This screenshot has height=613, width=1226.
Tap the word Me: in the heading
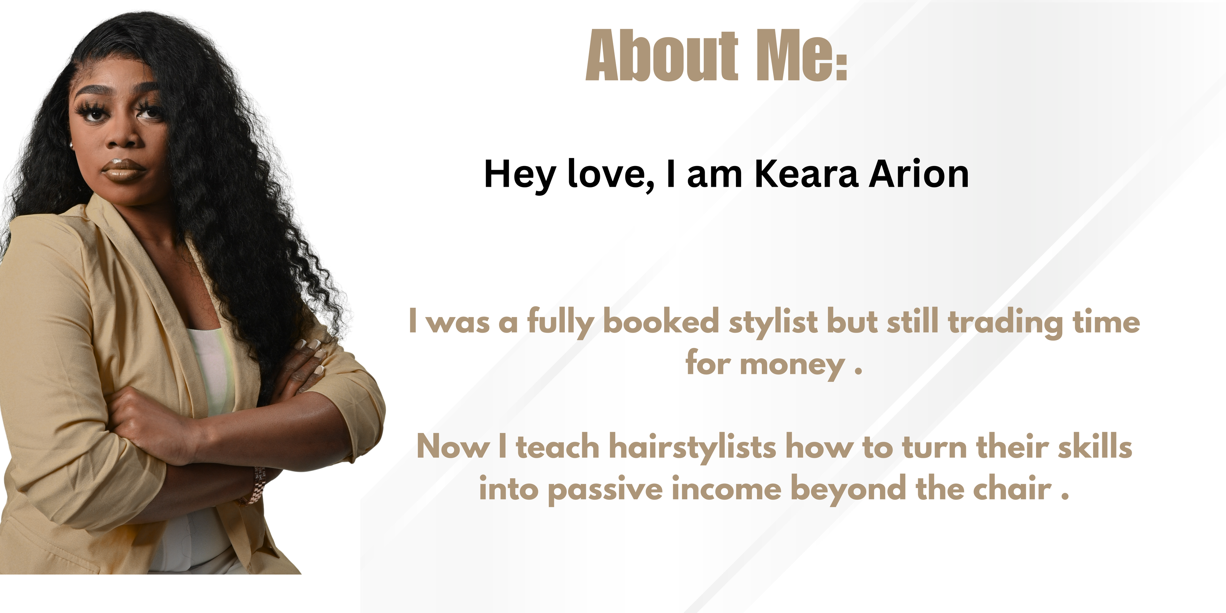(802, 55)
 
